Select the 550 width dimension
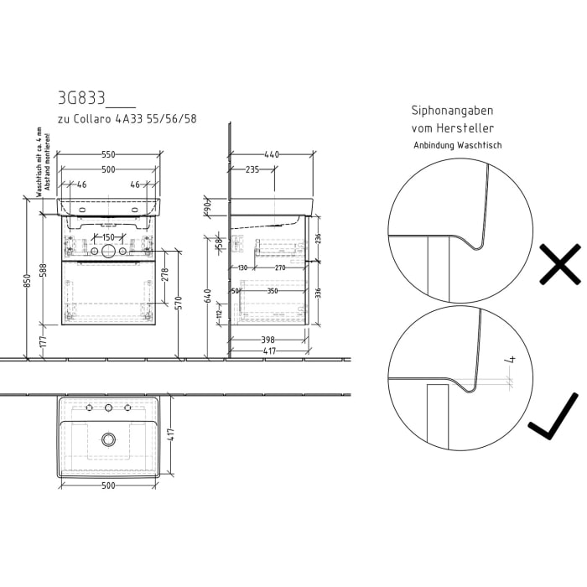click(x=108, y=155)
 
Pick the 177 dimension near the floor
click(x=44, y=342)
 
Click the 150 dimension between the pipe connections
click(x=108, y=237)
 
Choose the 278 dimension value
click(x=165, y=273)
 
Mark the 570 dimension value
click(x=179, y=302)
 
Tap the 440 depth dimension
click(x=272, y=155)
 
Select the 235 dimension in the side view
click(x=252, y=169)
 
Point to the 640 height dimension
click(x=209, y=295)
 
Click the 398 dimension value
click(x=268, y=340)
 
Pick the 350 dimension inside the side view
click(x=272, y=291)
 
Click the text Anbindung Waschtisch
click(x=457, y=145)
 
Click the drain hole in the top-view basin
click(x=107, y=439)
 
